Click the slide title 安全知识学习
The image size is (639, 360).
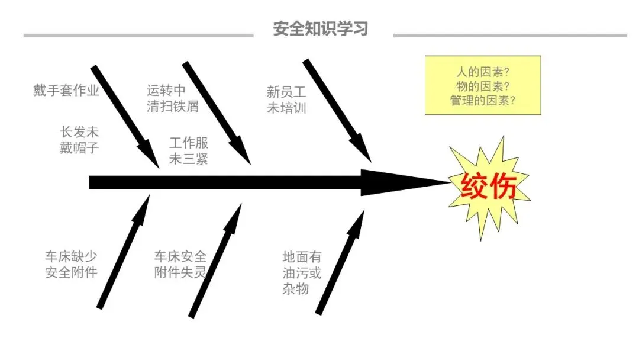click(320, 28)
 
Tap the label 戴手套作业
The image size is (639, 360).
click(66, 91)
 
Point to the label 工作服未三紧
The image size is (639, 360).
click(189, 151)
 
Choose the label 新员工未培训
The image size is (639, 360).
click(286, 99)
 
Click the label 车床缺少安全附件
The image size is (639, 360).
click(71, 265)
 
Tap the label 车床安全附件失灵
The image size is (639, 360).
click(180, 265)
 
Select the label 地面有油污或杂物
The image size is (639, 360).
click(302, 273)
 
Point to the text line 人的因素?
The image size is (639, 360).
click(483, 72)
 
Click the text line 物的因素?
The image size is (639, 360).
click(483, 86)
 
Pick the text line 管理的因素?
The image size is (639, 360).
click(483, 101)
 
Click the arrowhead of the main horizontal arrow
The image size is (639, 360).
click(402, 182)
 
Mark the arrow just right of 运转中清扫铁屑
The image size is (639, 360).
click(217, 112)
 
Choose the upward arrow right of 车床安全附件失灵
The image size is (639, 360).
click(215, 261)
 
